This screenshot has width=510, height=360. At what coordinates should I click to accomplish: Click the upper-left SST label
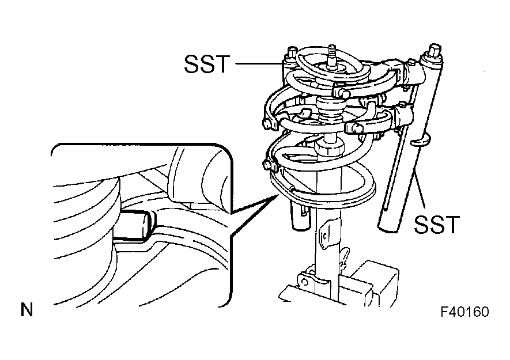[x=207, y=63]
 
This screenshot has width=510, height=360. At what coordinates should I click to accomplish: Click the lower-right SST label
[x=436, y=225]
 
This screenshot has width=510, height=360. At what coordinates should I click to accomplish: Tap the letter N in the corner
[x=27, y=309]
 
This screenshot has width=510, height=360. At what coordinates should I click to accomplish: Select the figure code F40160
[x=465, y=312]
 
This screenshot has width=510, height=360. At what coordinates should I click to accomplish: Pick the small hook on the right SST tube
[x=420, y=141]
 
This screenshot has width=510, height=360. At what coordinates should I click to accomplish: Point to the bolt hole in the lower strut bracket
[x=305, y=282]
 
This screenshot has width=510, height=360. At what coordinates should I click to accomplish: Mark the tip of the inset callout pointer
[x=278, y=195]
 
